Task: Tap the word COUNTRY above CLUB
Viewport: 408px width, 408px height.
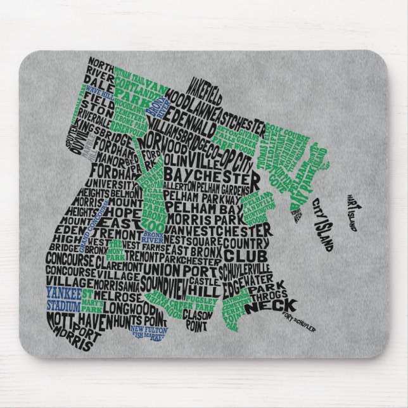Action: pos(240,243)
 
